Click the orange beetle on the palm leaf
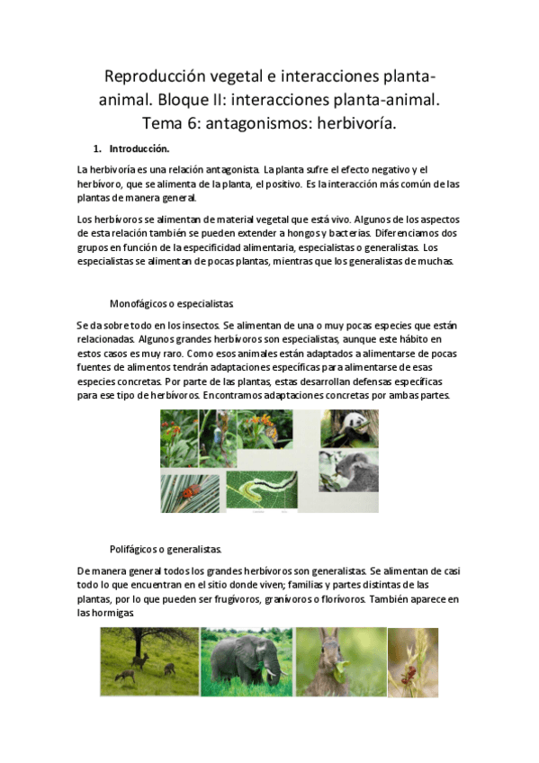pyautogui.click(x=190, y=492)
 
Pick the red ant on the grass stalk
pyautogui.click(x=410, y=670)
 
